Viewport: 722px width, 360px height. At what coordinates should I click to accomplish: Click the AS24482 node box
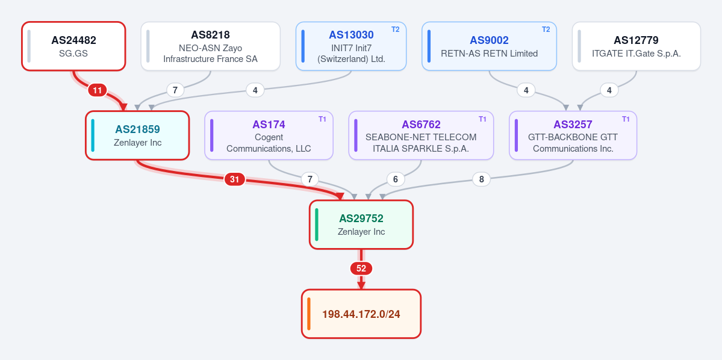(x=73, y=46)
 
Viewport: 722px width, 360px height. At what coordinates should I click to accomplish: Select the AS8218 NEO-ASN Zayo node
(x=210, y=46)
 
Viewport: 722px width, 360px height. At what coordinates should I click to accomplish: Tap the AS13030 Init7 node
(x=351, y=46)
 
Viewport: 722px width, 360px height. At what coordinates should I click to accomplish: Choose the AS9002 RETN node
(x=489, y=46)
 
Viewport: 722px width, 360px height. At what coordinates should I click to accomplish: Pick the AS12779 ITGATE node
(x=636, y=46)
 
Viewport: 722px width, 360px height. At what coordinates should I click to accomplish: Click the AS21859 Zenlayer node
(x=137, y=135)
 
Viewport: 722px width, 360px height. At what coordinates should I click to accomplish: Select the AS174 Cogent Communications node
(x=269, y=135)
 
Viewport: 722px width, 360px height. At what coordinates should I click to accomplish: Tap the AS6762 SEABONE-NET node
(x=421, y=135)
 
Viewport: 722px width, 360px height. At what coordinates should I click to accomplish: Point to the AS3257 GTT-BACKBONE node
(x=573, y=135)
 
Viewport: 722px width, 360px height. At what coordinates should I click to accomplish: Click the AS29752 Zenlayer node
(x=361, y=225)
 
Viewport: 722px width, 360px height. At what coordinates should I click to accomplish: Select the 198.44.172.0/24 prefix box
(x=361, y=314)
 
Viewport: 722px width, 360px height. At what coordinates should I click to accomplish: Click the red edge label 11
(x=97, y=91)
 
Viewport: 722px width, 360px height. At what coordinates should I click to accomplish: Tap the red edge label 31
(x=235, y=179)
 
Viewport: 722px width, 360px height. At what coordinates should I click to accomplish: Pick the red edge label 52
(x=361, y=268)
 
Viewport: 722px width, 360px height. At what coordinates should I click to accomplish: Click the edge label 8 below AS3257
(x=482, y=179)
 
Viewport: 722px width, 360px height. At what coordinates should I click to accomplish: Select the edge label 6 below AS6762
(x=396, y=179)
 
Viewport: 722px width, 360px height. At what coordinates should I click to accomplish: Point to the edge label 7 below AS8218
(x=175, y=90)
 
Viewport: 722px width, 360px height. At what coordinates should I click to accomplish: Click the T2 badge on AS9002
(x=546, y=29)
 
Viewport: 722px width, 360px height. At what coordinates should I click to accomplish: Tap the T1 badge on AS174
(x=322, y=119)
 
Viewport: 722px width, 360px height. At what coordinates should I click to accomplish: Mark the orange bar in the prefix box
(x=308, y=314)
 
